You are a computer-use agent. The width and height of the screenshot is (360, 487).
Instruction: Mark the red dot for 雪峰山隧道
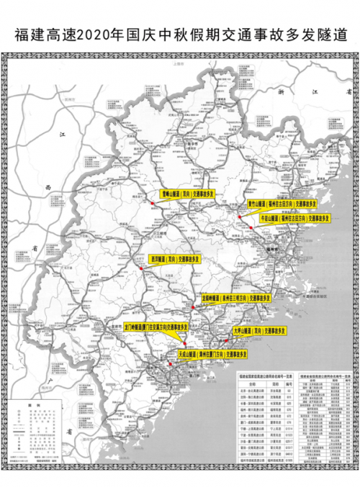point(153,205)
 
